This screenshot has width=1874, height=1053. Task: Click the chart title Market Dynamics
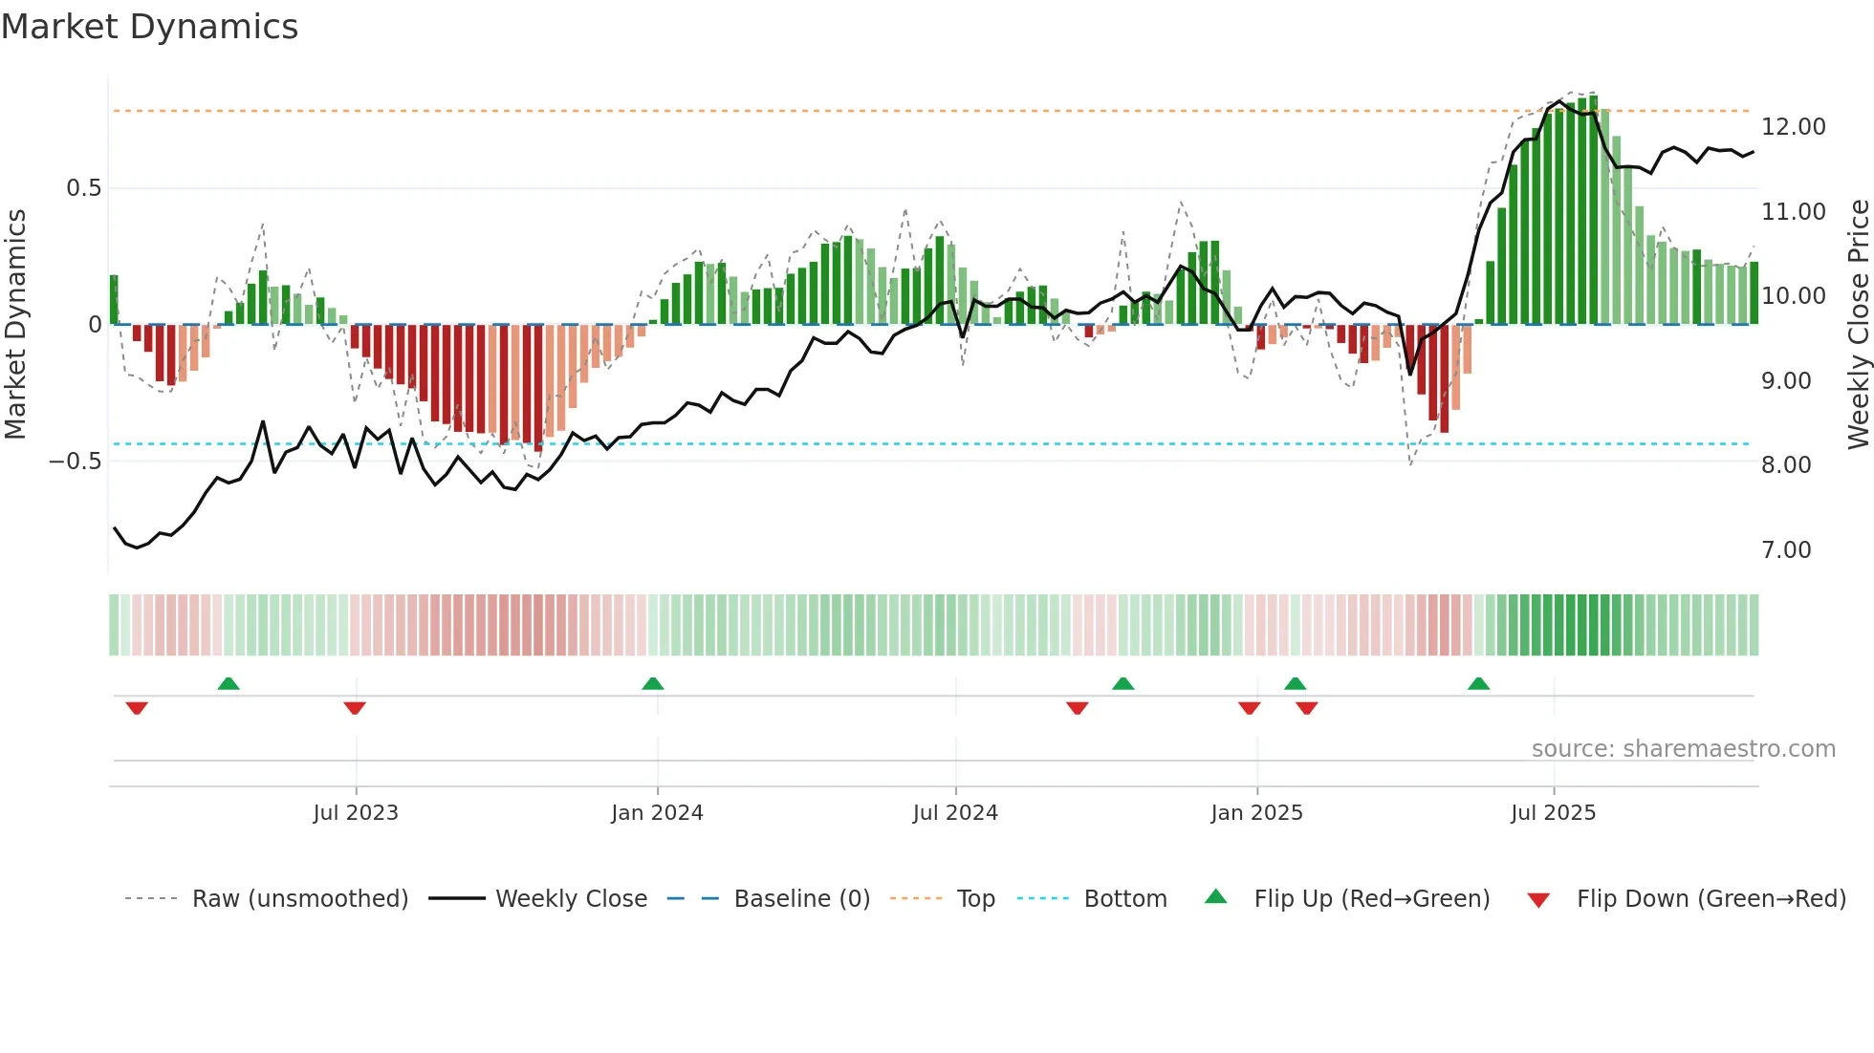150,27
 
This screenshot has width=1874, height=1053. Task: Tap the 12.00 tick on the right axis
1793,127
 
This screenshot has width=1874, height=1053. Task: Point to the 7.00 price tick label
1786,550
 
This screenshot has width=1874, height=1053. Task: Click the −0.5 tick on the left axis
75,462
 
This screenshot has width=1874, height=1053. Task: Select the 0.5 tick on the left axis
83,188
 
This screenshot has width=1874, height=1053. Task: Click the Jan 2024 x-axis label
657,813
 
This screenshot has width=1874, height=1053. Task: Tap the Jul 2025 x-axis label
1553,813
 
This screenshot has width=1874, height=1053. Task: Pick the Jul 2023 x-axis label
355,813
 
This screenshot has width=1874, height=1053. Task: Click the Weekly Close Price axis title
1858,325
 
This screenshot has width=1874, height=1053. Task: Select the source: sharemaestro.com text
1683,749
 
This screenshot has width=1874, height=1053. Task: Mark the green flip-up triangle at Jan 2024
653,684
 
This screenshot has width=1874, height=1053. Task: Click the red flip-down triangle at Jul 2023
355,708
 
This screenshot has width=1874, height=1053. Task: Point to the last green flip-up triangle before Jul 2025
1478,684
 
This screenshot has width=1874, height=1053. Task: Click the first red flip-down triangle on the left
137,708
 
